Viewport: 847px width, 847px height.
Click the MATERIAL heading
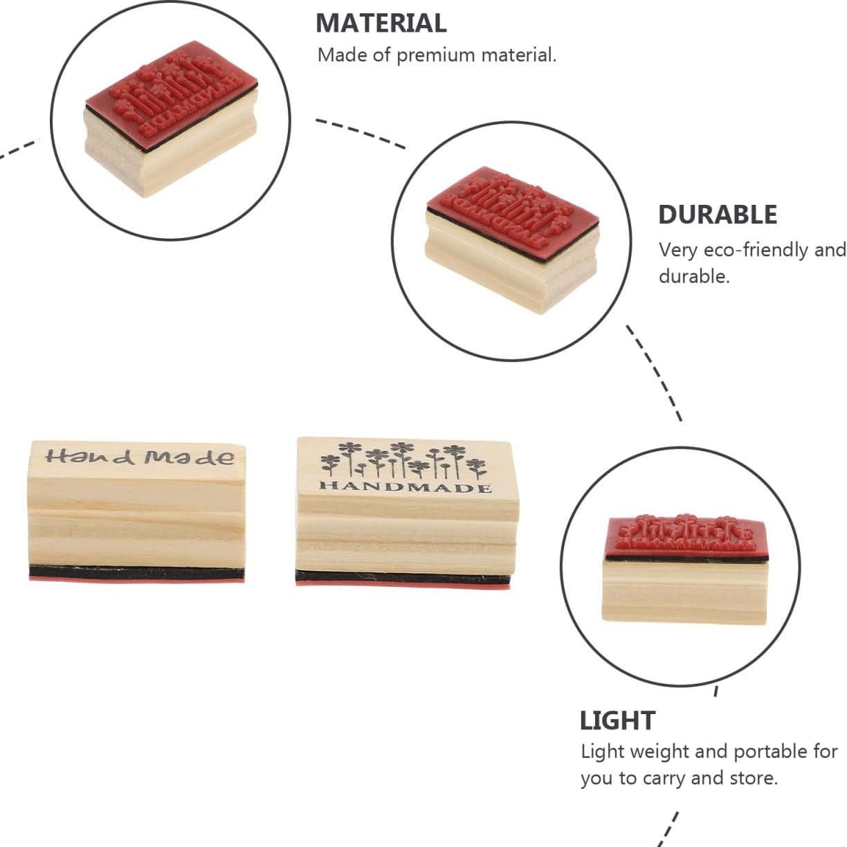coord(381,23)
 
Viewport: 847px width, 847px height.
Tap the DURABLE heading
coord(718,215)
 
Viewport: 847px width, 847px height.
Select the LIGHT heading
coord(617,720)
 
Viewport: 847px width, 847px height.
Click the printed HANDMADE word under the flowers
coord(406,486)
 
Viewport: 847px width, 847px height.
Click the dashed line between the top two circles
coord(360,133)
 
